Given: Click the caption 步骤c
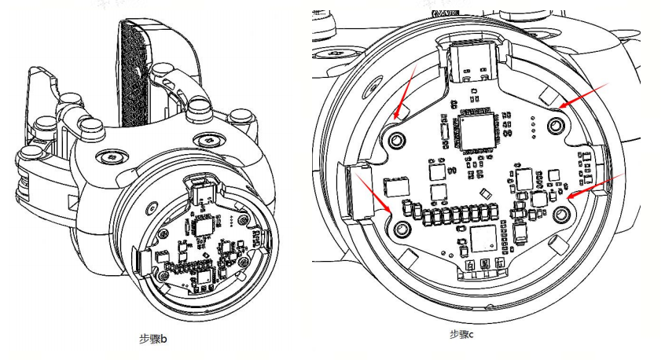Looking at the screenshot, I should [x=461, y=334].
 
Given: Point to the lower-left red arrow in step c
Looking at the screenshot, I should [x=375, y=193].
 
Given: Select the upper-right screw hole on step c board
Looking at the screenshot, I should [x=556, y=123].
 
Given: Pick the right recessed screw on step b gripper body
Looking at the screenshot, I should [x=208, y=139].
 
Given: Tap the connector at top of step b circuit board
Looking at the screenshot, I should [x=198, y=188].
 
